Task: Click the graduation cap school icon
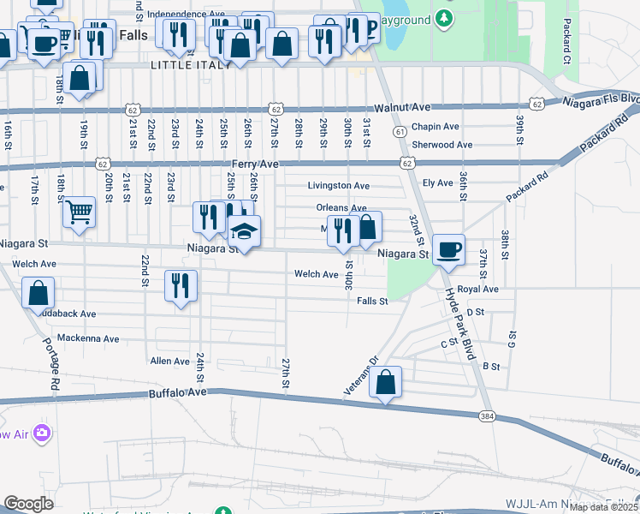click(245, 230)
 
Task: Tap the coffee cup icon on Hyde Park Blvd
click(448, 250)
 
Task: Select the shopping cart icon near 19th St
click(79, 210)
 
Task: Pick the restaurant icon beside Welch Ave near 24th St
click(181, 286)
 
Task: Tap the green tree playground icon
click(442, 17)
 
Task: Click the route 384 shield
click(487, 415)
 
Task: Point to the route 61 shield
click(400, 131)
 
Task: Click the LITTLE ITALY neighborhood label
click(190, 65)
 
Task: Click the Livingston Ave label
click(339, 185)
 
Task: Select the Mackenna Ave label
click(88, 338)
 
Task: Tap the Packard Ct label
click(566, 43)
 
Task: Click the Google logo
click(28, 504)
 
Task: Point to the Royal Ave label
click(477, 290)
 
